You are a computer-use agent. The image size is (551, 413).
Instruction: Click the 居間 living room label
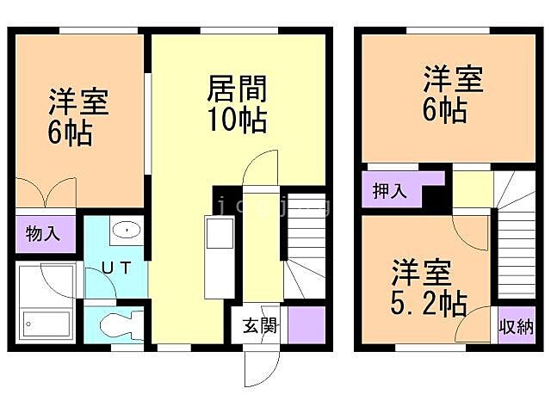(237, 89)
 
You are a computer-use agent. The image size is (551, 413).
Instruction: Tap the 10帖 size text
(237, 119)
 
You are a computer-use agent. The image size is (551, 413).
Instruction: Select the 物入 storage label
(42, 233)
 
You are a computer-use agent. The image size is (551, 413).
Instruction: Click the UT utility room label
(118, 268)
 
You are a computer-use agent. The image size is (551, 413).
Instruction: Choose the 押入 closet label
(389, 190)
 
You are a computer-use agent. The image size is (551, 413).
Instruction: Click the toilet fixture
(116, 327)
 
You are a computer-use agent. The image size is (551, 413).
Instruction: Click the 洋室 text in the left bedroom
(77, 102)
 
